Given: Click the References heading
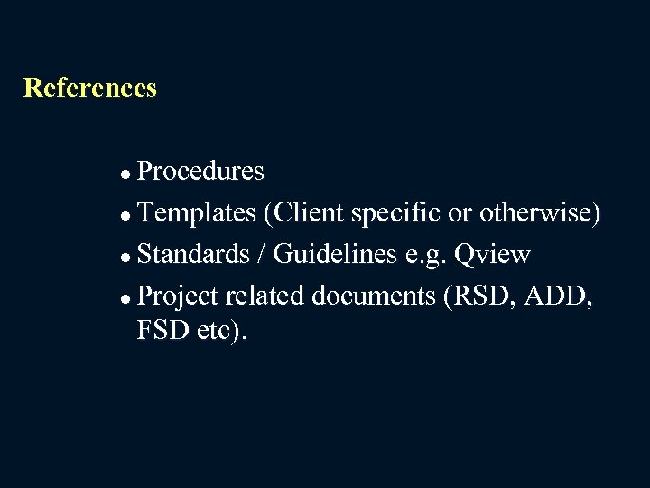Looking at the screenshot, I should [90, 88].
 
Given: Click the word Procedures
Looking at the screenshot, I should [200, 171].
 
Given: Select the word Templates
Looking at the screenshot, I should [197, 213].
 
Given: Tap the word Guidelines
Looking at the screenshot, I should [335, 255].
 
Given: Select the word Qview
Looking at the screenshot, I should [492, 255].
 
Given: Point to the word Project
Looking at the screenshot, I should [178, 296].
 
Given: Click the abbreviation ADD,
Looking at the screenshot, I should [561, 296].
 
